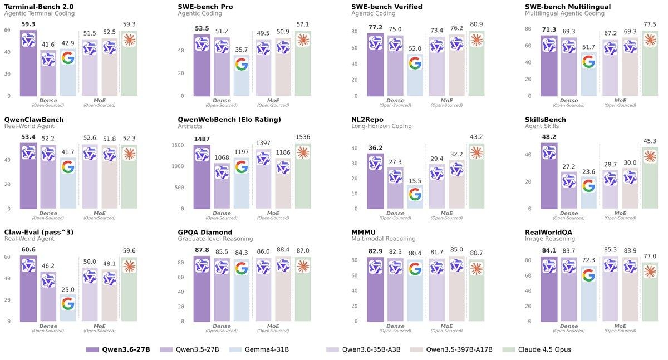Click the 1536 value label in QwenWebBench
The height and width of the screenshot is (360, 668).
click(x=302, y=136)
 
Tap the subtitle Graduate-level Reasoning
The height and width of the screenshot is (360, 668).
click(x=215, y=239)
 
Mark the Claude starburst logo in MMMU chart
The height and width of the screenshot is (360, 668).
click(x=476, y=268)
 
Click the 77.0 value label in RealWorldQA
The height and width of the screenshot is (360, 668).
click(x=650, y=257)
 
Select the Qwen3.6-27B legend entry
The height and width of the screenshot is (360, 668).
click(x=118, y=349)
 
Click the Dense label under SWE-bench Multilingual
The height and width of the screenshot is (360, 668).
click(x=569, y=100)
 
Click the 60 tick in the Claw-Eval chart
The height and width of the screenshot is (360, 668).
click(x=7, y=257)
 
